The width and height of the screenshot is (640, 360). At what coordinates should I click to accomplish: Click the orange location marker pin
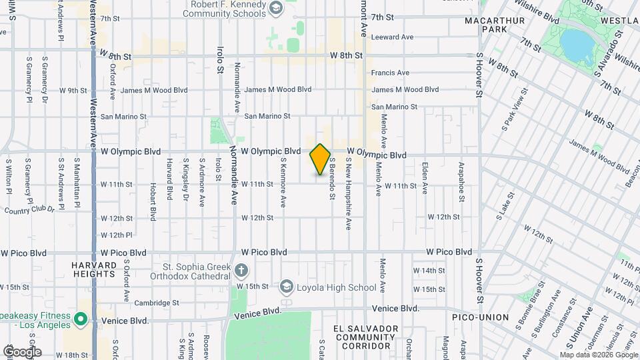click(320, 159)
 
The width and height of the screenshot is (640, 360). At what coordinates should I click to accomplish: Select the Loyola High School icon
click(287, 287)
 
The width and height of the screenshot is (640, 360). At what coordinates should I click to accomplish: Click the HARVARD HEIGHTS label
click(94, 269)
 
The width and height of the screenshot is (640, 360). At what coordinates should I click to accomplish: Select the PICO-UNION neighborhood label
click(480, 317)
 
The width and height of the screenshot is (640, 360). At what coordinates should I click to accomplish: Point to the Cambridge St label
click(156, 302)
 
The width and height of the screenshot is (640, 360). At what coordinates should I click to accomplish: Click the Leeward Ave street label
click(392, 37)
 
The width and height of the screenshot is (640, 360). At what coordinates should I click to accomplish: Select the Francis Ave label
click(390, 73)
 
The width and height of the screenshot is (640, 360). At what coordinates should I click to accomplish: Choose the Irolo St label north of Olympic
click(219, 59)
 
